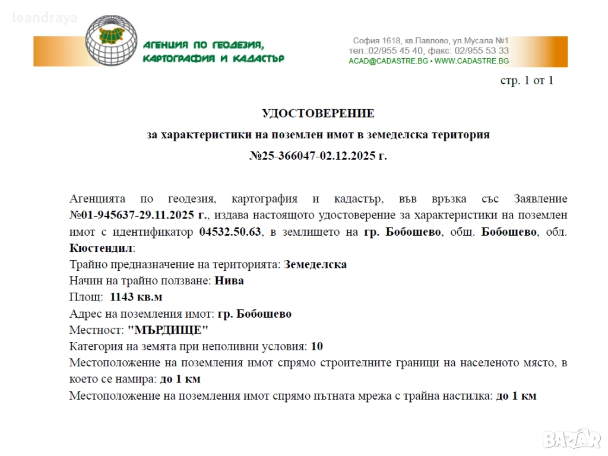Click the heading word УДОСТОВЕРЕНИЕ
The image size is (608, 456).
[x=318, y=113]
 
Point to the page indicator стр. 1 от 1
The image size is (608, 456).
[x=527, y=81]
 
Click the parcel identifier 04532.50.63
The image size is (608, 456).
[x=230, y=232]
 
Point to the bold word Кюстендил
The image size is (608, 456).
[x=100, y=248]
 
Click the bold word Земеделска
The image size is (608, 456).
[x=315, y=264]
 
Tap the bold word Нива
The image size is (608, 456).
[x=229, y=281]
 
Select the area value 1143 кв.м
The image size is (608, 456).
[x=136, y=297]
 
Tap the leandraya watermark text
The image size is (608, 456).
[x=45, y=18]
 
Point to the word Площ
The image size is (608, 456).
[x=84, y=297]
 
